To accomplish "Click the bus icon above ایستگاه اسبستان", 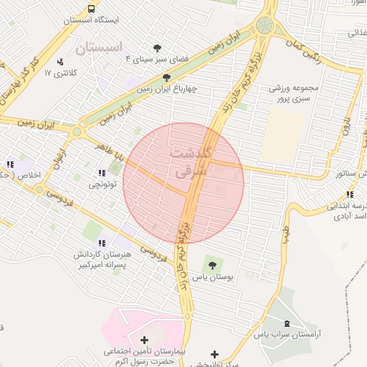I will point(91,9).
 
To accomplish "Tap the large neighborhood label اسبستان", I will point(100,49).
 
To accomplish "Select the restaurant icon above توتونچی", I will point(100,172).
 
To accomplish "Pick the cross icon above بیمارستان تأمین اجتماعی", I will point(144,339).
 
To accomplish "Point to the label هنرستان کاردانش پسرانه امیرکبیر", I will point(101,260).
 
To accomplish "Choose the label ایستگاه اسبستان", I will point(91,21).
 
